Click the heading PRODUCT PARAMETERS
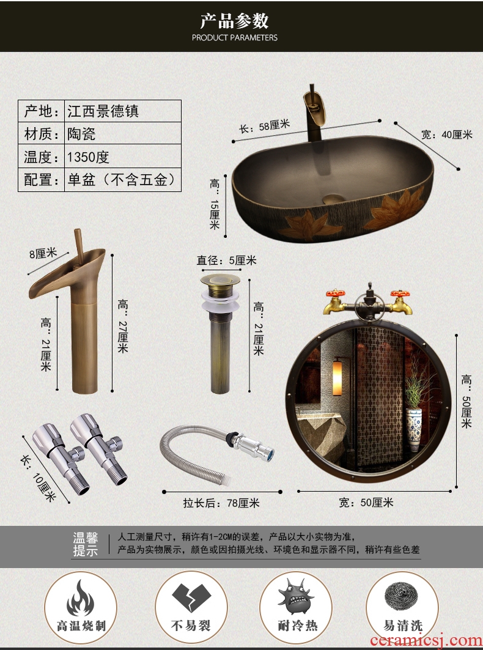235,38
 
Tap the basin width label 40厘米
446,135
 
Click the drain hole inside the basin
333,199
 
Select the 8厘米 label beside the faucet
43,253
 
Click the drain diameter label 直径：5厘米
226,260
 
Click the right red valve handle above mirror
400,294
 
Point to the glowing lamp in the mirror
337,372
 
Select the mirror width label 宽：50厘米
366,503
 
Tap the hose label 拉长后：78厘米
221,503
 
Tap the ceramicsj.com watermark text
426,640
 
